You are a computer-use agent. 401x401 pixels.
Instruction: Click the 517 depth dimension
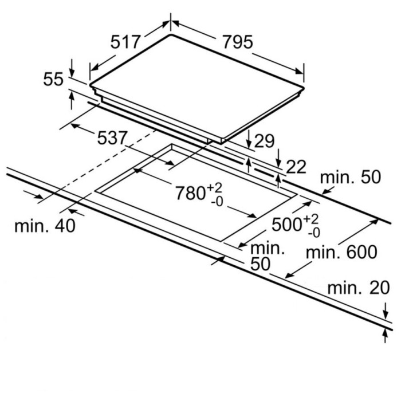tap(125, 42)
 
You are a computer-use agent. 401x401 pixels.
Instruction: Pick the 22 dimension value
tap(296, 167)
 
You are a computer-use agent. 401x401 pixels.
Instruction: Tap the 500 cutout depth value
tap(286, 225)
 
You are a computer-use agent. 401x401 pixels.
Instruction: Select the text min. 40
tap(45, 226)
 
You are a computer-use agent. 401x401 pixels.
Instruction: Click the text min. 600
tap(341, 251)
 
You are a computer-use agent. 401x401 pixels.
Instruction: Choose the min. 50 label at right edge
tap(349, 178)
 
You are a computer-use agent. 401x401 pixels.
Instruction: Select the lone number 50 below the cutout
tap(260, 264)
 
